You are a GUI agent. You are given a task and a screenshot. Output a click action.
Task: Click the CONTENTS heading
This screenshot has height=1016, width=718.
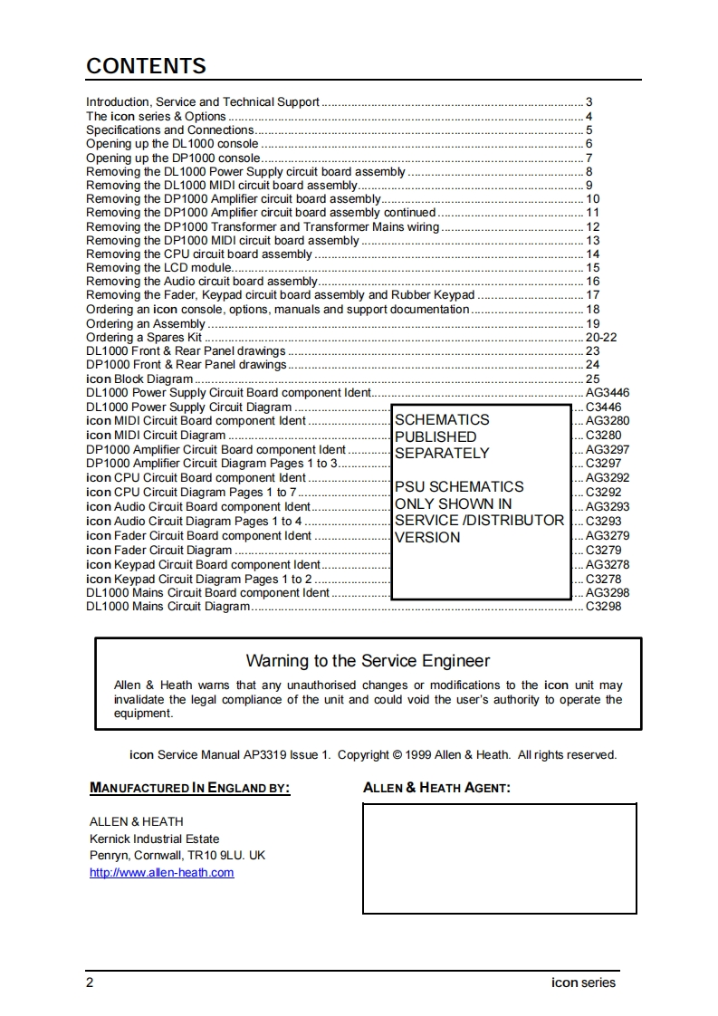[x=146, y=66]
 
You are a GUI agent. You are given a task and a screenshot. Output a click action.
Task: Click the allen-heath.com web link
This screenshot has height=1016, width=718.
[x=161, y=873]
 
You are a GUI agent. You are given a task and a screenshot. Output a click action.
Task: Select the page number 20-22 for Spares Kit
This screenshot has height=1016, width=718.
[x=601, y=337]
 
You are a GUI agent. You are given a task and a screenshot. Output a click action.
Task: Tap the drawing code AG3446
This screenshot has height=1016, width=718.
[x=608, y=393]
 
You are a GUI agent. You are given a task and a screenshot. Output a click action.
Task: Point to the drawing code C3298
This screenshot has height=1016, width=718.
[x=603, y=607]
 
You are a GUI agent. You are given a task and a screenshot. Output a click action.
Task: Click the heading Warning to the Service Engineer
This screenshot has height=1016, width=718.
[x=368, y=661]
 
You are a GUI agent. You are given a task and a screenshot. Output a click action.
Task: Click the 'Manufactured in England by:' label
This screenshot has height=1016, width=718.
[x=190, y=789]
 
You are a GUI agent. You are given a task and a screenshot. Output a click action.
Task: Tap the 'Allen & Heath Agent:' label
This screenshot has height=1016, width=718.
[x=436, y=789]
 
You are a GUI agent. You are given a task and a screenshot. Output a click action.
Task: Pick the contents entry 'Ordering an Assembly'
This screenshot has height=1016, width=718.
[x=146, y=323]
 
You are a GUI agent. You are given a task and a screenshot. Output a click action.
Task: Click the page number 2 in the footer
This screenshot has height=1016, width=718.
[x=90, y=982]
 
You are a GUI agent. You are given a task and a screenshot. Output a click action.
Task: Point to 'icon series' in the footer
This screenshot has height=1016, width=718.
[x=583, y=982]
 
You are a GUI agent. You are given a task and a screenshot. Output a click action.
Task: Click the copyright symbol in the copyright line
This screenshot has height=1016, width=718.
[x=396, y=755]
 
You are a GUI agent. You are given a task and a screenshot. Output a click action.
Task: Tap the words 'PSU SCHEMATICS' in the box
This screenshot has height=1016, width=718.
[x=459, y=487]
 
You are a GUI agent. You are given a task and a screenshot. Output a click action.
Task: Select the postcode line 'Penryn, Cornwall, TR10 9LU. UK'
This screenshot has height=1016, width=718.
[x=177, y=856]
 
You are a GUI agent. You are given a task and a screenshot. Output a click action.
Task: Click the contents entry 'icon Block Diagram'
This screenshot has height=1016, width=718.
[x=139, y=379]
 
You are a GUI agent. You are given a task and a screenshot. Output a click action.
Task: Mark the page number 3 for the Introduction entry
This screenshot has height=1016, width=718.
[x=589, y=102]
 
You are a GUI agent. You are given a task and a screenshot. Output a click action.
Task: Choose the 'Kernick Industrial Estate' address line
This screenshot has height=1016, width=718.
[x=154, y=839]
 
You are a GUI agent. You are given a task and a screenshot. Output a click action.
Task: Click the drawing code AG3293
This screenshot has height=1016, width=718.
[x=608, y=507]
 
